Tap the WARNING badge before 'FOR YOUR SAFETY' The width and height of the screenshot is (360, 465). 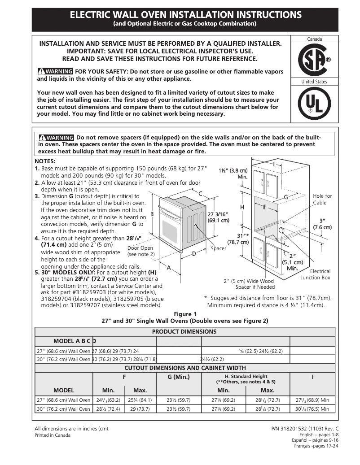[x=55, y=71]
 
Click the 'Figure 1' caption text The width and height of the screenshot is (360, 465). [x=185, y=314]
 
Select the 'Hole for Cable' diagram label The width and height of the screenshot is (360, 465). [x=322, y=199]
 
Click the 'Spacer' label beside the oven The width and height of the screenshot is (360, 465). [x=218, y=248]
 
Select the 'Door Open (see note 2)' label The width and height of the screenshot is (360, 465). [x=140, y=251]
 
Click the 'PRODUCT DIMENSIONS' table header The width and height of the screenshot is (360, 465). [x=184, y=332]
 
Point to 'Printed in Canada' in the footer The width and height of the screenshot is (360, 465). [x=53, y=435]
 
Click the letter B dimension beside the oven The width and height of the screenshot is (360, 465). [x=152, y=214]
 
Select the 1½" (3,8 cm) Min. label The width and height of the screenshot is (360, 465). [x=233, y=174]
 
